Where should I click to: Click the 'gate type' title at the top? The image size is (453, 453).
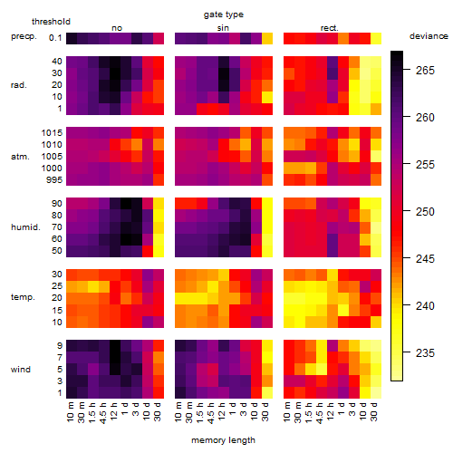[224, 14]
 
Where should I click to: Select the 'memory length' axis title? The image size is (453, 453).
[223, 440]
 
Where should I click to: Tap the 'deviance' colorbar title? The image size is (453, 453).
[429, 36]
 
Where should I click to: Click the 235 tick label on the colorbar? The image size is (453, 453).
[425, 352]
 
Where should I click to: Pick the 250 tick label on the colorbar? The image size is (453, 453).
[425, 211]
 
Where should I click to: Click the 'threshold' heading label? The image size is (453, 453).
[51, 22]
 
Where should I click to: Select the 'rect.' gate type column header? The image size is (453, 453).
[330, 28]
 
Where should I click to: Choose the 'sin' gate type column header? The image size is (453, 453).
[223, 28]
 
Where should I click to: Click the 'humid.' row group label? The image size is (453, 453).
[25, 227]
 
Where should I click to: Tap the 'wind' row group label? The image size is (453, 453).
[21, 370]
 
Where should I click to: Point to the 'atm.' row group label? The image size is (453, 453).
[20, 157]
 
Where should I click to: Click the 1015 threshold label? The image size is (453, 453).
[52, 133]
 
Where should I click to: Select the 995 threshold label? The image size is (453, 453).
[54, 180]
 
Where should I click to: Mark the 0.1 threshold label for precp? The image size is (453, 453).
[55, 38]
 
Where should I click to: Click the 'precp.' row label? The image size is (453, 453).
[24, 36]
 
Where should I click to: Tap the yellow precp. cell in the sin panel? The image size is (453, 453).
[267, 38]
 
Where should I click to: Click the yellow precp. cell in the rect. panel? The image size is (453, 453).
[376, 38]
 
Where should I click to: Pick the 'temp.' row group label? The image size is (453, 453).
[23, 297]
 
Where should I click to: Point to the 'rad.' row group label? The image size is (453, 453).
[19, 85]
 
